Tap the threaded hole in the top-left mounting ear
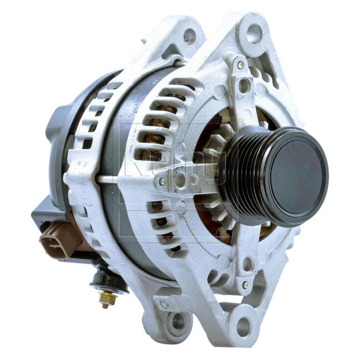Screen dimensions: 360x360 pyautogui.click(x=189, y=36)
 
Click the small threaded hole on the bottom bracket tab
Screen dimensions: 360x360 pyautogui.click(x=165, y=304)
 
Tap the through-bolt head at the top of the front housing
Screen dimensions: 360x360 pyautogui.click(x=240, y=65)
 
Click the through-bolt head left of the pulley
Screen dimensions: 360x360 pyautogui.click(x=162, y=181)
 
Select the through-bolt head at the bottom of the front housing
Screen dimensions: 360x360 pyautogui.click(x=245, y=285)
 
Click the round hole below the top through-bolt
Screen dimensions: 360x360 pyautogui.click(x=243, y=85)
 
